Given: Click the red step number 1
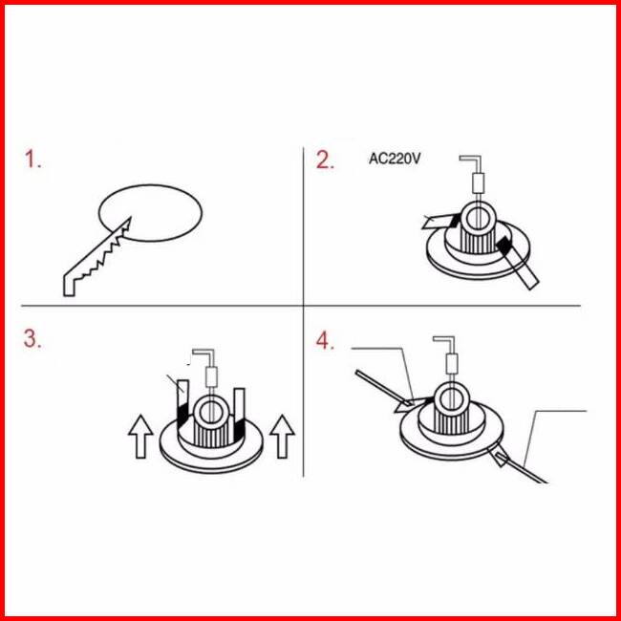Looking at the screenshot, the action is click(32, 160).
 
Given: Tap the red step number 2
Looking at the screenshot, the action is click(325, 161).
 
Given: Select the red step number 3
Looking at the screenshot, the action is click(32, 339).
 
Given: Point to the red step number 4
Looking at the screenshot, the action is click(325, 341).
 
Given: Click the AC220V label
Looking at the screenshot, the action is click(395, 159).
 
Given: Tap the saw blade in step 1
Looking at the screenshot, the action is click(97, 257).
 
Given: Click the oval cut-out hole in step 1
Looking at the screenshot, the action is click(150, 213).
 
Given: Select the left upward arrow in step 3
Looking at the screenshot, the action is click(140, 437).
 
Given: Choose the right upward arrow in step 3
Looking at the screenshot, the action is click(282, 437).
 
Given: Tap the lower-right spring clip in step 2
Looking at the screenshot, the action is click(518, 262).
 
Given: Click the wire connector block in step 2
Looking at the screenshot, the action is click(479, 183).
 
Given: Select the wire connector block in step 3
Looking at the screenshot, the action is click(211, 376).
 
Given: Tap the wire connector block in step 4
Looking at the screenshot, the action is click(452, 364).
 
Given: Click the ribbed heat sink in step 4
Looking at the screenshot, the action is click(451, 421).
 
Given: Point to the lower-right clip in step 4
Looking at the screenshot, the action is click(501, 456).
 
